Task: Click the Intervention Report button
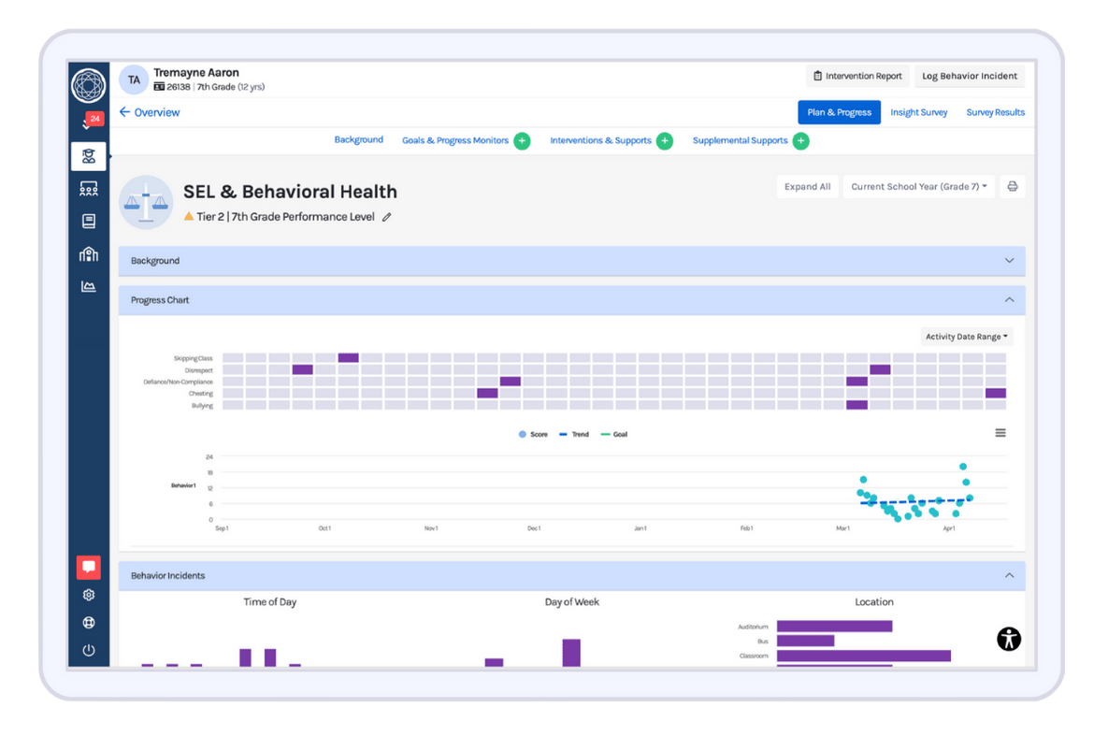pyautogui.click(x=857, y=76)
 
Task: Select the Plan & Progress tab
pyautogui.click(x=839, y=112)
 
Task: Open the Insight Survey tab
pyautogui.click(x=918, y=112)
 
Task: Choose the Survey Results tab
pyautogui.click(x=995, y=112)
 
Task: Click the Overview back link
pyautogui.click(x=150, y=112)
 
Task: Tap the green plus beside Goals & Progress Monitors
pyautogui.click(x=522, y=140)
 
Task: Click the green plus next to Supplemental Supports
pyautogui.click(x=800, y=140)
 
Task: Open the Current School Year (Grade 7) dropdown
pyautogui.click(x=918, y=186)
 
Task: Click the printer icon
pyautogui.click(x=1012, y=186)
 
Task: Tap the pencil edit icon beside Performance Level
pyautogui.click(x=387, y=217)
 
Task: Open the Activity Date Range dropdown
pyautogui.click(x=967, y=337)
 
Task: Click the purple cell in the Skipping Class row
pyautogui.click(x=348, y=358)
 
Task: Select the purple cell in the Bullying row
pyautogui.click(x=856, y=405)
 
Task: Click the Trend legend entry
pyautogui.click(x=574, y=435)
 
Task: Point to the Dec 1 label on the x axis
pyautogui.click(x=533, y=528)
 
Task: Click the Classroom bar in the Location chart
pyautogui.click(x=863, y=656)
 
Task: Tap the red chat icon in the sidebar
pyautogui.click(x=89, y=567)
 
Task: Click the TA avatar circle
pyautogui.click(x=135, y=79)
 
